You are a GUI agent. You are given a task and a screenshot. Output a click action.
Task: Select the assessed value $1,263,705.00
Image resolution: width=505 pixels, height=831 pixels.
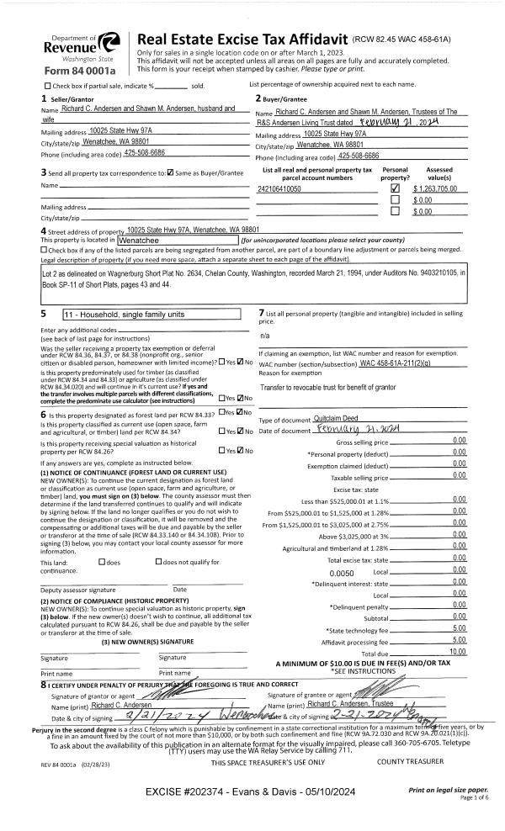point(433,190)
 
